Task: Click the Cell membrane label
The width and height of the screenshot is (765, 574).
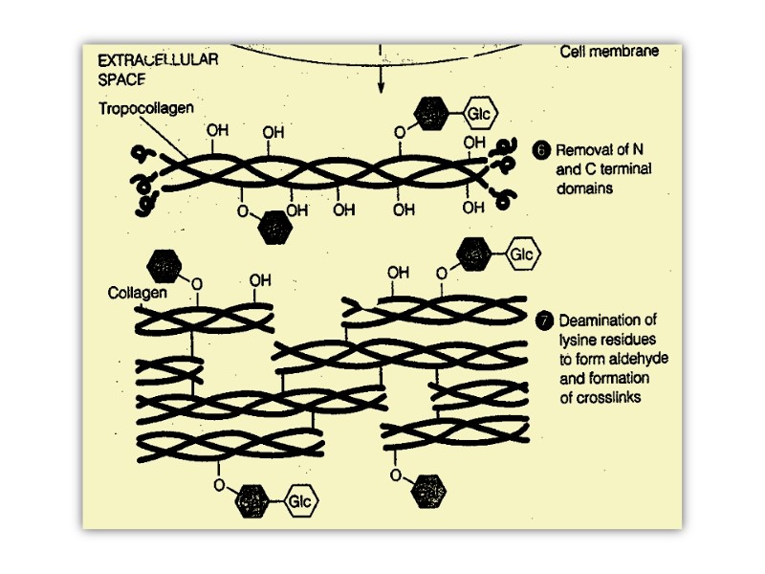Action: [x=609, y=51]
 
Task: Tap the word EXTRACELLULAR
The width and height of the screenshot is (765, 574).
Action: [x=159, y=59]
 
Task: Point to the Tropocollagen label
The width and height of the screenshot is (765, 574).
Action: [x=144, y=108]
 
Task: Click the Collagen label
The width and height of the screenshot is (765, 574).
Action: [x=137, y=291]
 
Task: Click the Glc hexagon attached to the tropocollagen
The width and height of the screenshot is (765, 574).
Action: [x=479, y=116]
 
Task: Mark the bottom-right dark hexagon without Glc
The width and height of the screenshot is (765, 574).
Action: [x=427, y=492]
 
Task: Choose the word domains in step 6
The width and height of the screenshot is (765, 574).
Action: [x=583, y=188]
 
